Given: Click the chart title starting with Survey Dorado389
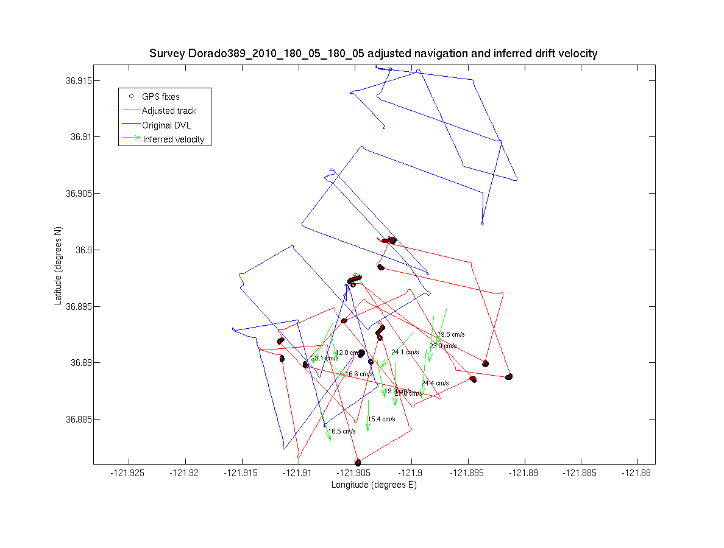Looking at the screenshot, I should click(x=373, y=54).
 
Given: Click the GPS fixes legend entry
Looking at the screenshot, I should click(x=160, y=97).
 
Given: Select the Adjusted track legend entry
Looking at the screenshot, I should click(x=169, y=111).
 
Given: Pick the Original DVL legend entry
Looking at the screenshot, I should click(x=166, y=125).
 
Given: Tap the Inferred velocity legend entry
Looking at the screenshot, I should click(x=173, y=139).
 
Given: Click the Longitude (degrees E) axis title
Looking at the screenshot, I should click(x=374, y=485).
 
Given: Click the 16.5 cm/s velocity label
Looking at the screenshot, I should click(x=342, y=432).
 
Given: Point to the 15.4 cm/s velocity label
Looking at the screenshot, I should click(x=382, y=420).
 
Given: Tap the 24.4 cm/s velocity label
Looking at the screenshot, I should click(x=435, y=384).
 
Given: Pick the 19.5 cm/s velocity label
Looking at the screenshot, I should click(x=452, y=334).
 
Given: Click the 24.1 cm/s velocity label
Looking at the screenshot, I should click(x=405, y=353).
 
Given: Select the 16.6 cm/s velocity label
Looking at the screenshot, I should click(x=359, y=374).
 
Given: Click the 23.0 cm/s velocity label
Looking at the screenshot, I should click(x=443, y=346).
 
